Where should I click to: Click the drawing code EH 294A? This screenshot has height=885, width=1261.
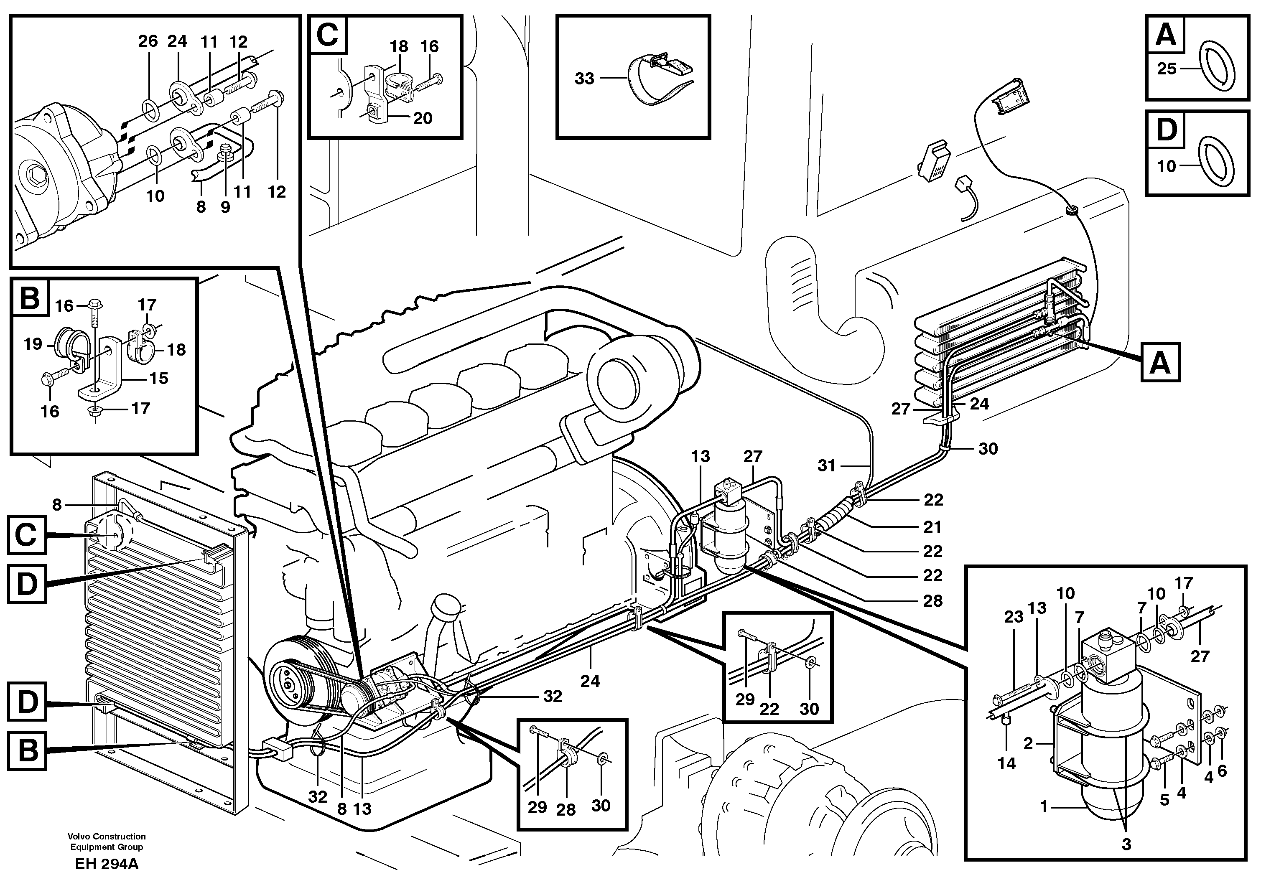coord(107,864)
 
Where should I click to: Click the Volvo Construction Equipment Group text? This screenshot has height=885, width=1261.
coord(107,842)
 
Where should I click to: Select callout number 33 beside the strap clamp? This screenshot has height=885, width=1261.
coord(584,79)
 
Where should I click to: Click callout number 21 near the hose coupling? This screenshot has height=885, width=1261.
coord(932,526)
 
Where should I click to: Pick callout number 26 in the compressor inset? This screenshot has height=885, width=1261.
coord(148,41)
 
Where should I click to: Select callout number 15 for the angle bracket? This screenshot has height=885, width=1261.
coord(159,378)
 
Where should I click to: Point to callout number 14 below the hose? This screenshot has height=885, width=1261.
coord(1007,763)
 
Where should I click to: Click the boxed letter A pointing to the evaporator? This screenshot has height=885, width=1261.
coord(1160,362)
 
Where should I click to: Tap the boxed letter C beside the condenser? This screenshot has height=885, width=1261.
coord(26,535)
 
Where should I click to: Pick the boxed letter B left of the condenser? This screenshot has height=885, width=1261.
coord(26,749)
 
